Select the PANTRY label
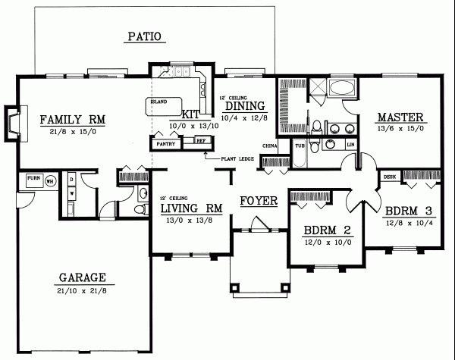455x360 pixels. pyautogui.click(x=165, y=142)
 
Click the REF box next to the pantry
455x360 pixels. pyautogui.click(x=201, y=141)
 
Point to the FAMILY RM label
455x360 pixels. pyautogui.click(x=73, y=119)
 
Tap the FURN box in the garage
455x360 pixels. pyautogui.click(x=33, y=180)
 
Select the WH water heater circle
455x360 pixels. pyautogui.click(x=50, y=181)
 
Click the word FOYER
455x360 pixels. pyautogui.click(x=259, y=201)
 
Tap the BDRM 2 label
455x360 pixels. pyautogui.click(x=319, y=230)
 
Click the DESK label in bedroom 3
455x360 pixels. pyautogui.click(x=389, y=177)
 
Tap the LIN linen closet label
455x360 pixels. pyautogui.click(x=350, y=143)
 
